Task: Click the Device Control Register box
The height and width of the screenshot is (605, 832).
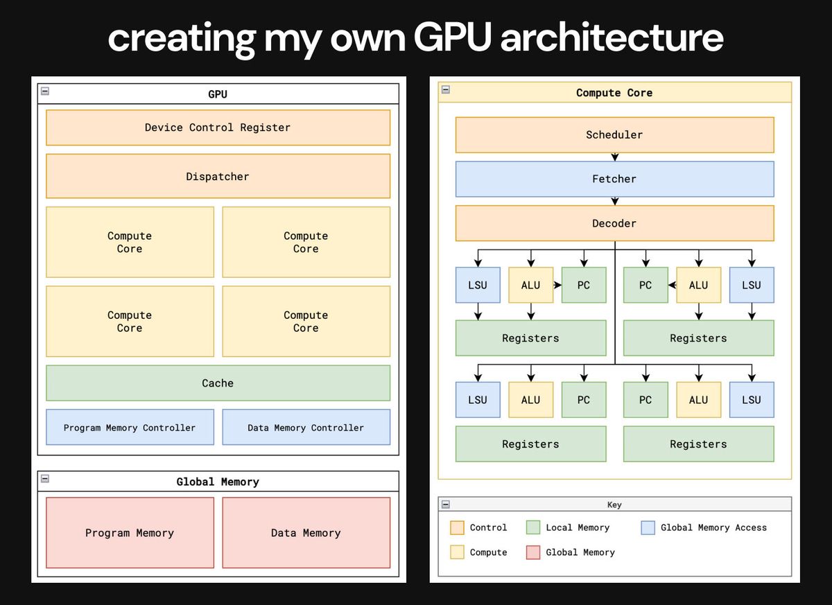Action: (218, 128)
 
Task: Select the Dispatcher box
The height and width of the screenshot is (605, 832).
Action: (218, 176)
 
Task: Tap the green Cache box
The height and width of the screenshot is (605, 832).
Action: (218, 383)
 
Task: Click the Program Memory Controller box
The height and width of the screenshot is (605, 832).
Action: (130, 428)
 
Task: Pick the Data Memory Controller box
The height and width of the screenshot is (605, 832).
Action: (306, 428)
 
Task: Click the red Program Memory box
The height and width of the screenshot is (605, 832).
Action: (130, 532)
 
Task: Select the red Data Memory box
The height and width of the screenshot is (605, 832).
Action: (306, 532)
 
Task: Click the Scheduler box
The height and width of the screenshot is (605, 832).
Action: (614, 134)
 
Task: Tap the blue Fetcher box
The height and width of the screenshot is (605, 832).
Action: (614, 179)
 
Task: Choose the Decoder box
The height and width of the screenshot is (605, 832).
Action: (614, 223)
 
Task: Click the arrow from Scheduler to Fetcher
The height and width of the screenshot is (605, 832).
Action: (614, 157)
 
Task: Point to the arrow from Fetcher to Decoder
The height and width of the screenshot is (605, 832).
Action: (614, 202)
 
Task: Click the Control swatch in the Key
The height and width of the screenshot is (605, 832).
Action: (457, 527)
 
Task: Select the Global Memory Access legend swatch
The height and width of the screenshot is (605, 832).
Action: (648, 527)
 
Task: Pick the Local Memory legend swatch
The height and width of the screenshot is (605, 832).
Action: (533, 527)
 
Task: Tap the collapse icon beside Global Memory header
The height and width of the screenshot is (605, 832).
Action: (45, 478)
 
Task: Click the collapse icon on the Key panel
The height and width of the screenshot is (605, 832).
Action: (446, 504)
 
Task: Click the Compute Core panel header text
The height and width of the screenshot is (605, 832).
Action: (614, 92)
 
